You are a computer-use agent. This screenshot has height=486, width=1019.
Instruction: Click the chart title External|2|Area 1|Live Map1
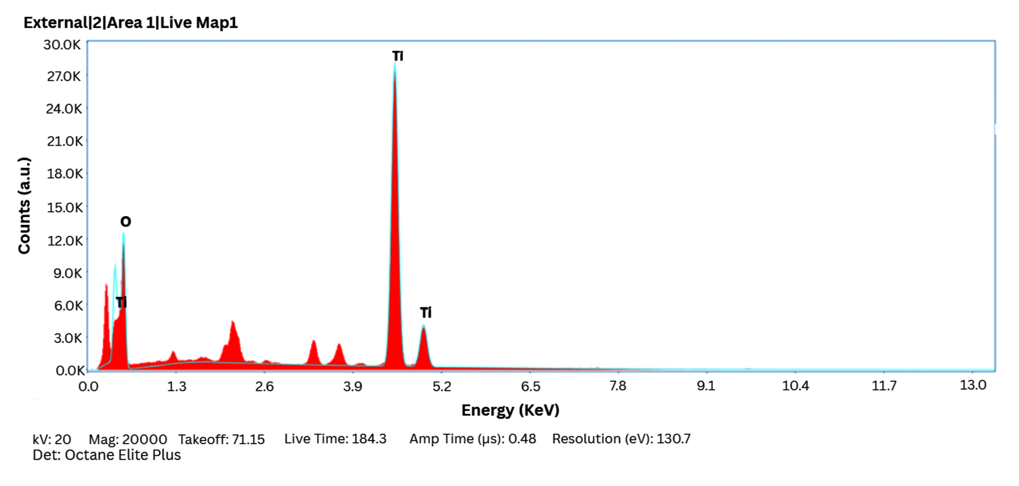click(x=130, y=23)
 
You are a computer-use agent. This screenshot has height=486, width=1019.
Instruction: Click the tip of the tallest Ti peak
click(x=394, y=65)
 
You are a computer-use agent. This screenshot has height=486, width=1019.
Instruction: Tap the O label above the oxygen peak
click(x=125, y=221)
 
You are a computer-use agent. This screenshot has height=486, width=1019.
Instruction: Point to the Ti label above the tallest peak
click(x=398, y=56)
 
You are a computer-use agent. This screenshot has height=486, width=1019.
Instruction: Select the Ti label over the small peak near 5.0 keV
click(x=426, y=313)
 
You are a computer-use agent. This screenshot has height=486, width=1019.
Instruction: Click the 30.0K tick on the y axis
click(x=62, y=45)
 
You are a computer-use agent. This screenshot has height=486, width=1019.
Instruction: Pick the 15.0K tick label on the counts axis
click(x=64, y=208)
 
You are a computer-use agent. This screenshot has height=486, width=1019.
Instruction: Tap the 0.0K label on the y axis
click(x=70, y=370)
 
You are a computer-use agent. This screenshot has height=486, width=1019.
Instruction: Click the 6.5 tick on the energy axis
click(x=530, y=387)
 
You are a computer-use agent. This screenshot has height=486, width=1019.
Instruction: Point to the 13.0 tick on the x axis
click(x=973, y=385)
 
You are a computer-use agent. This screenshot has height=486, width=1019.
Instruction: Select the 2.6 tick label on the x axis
click(x=264, y=387)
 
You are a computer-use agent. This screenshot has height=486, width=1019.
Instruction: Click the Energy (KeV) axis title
click(x=510, y=410)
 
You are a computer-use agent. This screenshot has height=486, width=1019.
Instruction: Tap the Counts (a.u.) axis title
click(x=24, y=205)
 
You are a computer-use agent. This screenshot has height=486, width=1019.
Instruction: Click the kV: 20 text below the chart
click(x=52, y=440)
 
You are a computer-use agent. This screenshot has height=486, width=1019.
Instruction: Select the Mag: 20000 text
click(x=128, y=440)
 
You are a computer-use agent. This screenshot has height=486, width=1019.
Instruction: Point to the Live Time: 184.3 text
click(x=335, y=439)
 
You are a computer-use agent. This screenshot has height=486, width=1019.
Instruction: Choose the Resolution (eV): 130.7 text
click(x=621, y=439)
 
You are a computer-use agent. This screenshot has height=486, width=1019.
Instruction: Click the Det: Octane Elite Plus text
click(x=107, y=455)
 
